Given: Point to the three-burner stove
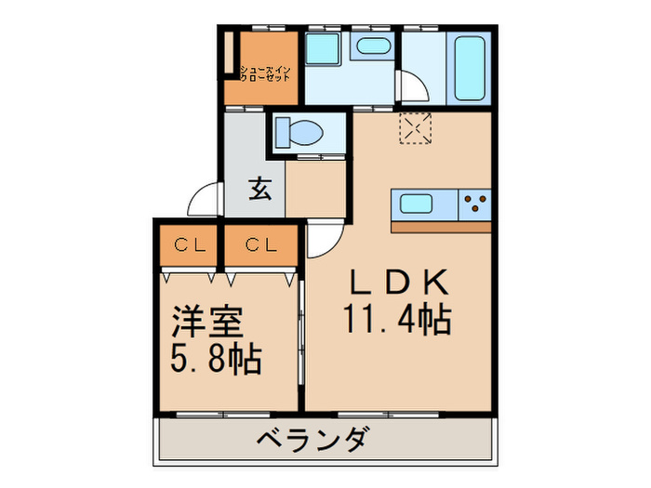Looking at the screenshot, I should tap(475, 204).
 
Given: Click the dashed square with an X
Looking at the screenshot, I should tap(415, 128).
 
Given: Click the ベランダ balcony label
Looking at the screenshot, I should tap(316, 439).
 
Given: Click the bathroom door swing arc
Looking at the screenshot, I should tap(411, 88).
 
